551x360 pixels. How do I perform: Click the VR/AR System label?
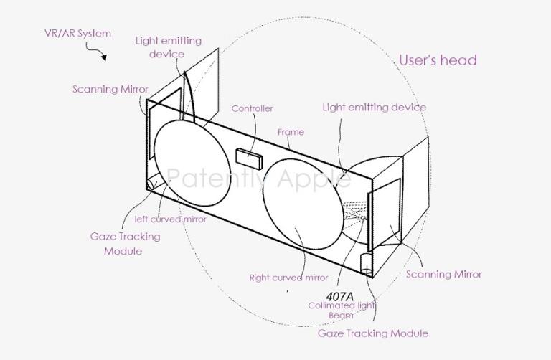coord(77,34)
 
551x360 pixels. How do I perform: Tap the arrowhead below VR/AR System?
coord(103,57)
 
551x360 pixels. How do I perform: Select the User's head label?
coord(438,60)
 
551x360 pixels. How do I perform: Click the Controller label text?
coord(252,108)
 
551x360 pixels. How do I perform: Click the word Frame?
coord(291,132)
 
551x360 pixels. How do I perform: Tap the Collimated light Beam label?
coord(342,311)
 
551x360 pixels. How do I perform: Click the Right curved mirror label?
coord(288,278)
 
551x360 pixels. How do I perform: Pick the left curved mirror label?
coord(171,219)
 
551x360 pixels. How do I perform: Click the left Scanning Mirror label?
coord(110,89)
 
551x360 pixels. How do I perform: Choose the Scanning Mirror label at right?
coord(444,274)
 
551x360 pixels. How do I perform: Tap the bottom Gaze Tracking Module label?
coord(373,333)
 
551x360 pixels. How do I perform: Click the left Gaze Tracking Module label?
coord(125,244)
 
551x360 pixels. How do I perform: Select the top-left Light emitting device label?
coord(169,47)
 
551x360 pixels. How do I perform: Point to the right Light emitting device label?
coord(375,108)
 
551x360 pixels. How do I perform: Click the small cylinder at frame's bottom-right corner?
coord(366,265)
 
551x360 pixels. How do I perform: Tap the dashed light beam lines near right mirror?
coord(354,212)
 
